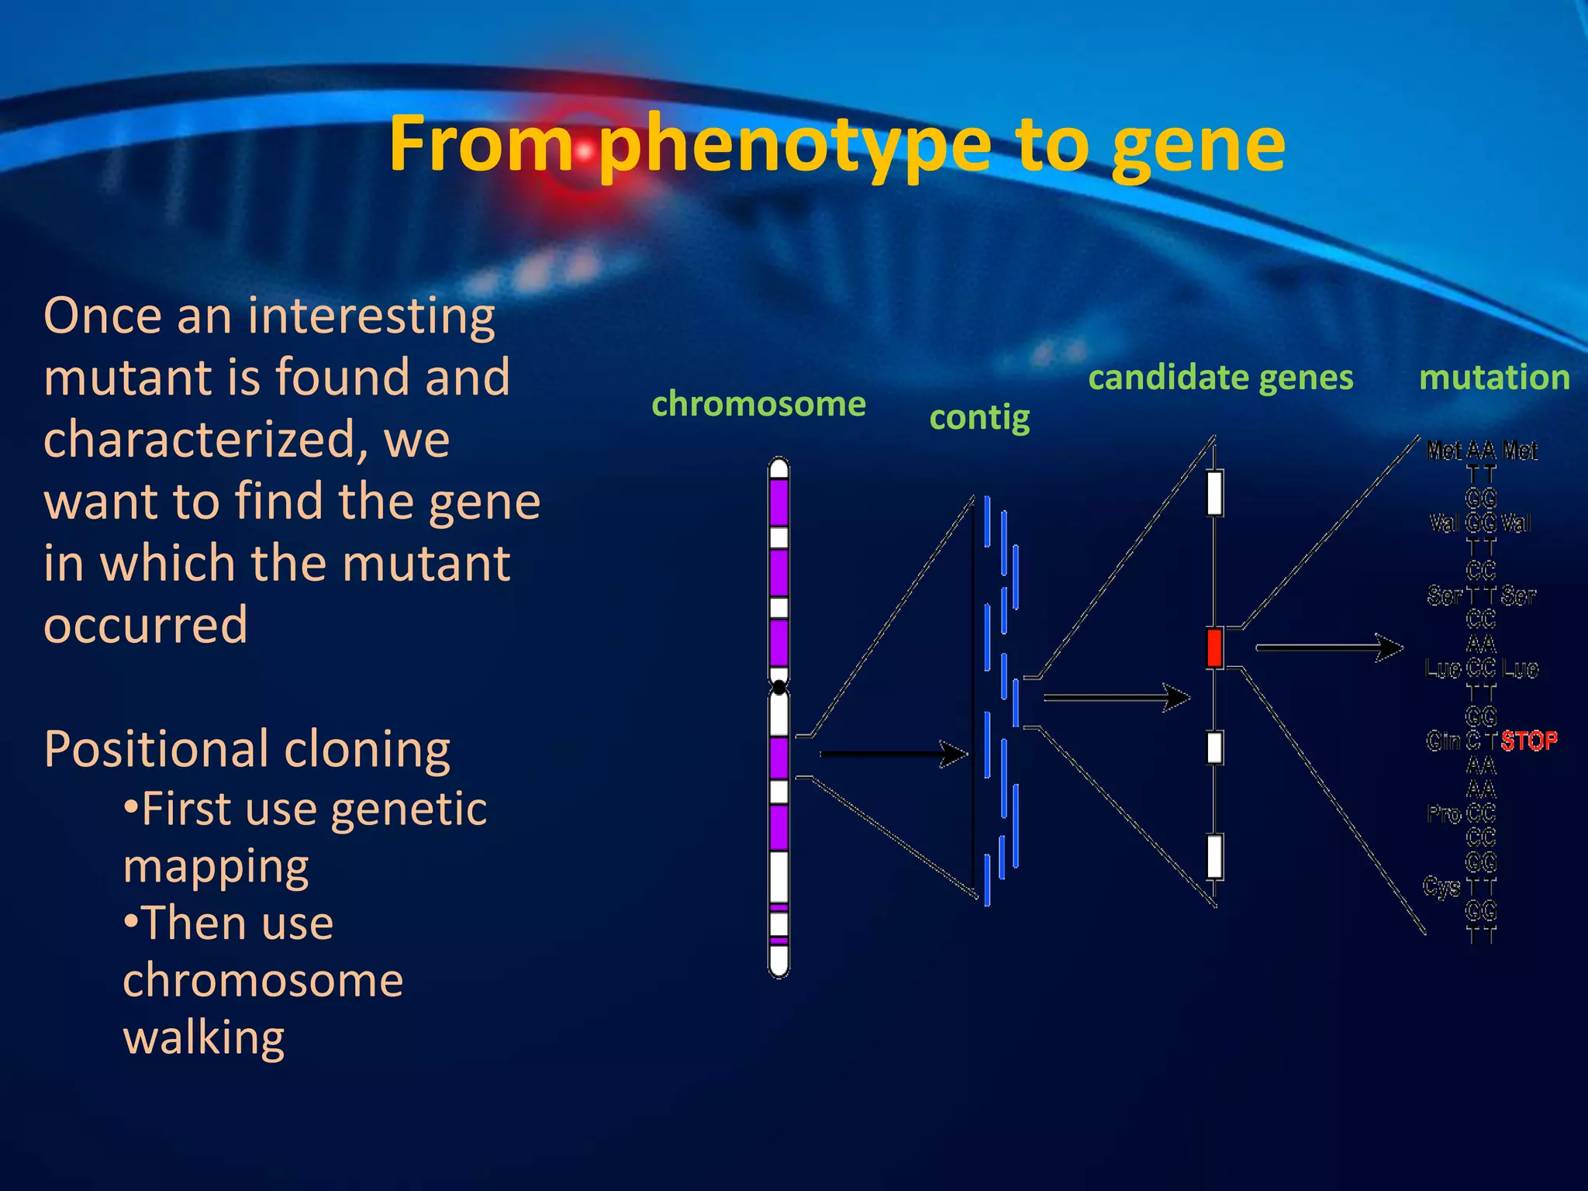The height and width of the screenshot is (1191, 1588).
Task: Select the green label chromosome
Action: [758, 404]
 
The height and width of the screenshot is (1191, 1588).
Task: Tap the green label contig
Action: [979, 419]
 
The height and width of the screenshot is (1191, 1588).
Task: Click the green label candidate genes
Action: [1220, 378]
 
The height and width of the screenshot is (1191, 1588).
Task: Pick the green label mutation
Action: [1494, 378]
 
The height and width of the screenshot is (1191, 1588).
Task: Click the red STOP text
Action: [1528, 741]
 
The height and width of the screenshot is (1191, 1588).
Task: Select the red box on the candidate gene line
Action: [1215, 648]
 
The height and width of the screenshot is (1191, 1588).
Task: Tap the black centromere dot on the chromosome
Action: [779, 687]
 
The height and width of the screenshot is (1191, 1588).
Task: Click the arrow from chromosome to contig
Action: [892, 753]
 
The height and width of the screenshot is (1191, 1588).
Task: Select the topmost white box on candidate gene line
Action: [1215, 492]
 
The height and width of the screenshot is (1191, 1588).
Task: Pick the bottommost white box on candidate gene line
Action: [1215, 856]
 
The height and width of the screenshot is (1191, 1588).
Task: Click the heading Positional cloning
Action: [247, 749]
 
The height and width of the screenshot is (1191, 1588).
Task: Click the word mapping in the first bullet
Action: [216, 866]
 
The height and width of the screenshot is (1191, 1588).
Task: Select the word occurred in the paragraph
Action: [146, 625]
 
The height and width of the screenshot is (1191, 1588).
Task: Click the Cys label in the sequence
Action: [1441, 885]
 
